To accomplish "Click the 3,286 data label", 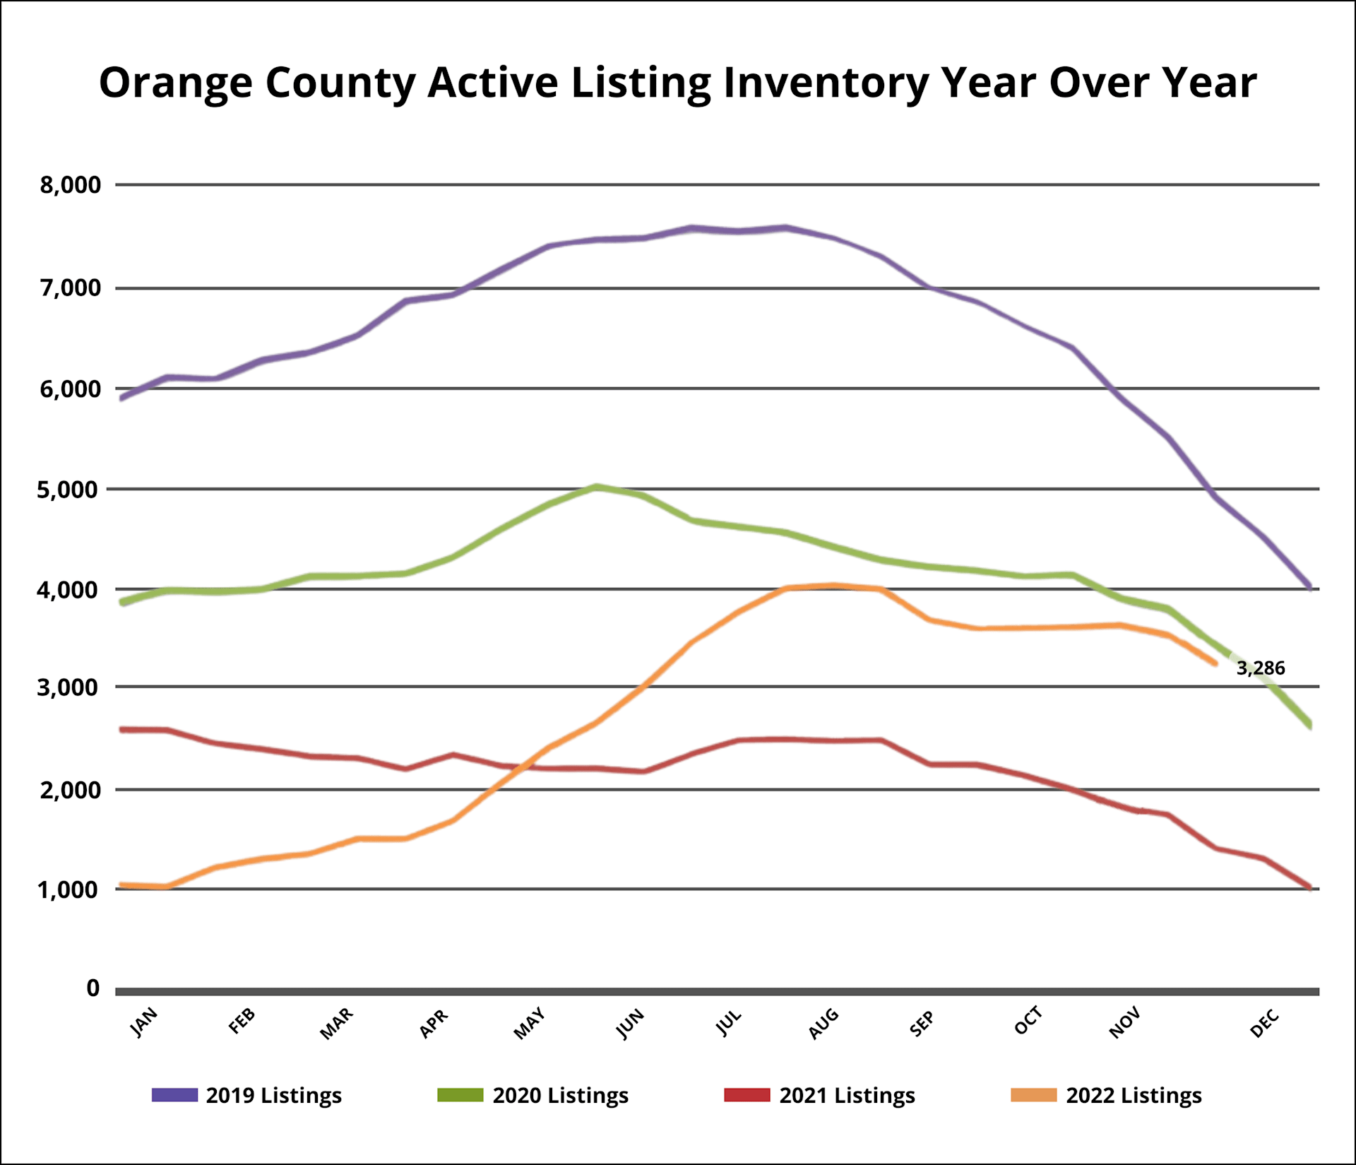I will (x=1261, y=668).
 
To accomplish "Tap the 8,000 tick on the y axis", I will (x=71, y=185).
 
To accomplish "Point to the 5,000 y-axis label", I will (x=69, y=489).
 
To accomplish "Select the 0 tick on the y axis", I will (x=93, y=988).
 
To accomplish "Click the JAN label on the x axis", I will (x=145, y=1022).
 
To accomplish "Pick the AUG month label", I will (x=823, y=1024).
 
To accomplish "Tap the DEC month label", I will (x=1265, y=1024).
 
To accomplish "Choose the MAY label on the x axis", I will (x=530, y=1024).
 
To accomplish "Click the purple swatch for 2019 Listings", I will (x=174, y=1095).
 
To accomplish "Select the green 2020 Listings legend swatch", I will (x=460, y=1095).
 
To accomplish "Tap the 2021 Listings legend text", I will (x=847, y=1095).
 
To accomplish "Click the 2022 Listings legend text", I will (x=1134, y=1095).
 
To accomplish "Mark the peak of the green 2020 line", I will (x=597, y=487).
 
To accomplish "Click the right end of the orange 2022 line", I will (x=1215, y=663).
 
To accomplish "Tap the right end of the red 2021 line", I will (x=1310, y=887).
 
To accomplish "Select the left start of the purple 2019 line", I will (x=122, y=398).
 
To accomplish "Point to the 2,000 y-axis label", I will (x=71, y=790).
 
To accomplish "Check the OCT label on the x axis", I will (x=1028, y=1022).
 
